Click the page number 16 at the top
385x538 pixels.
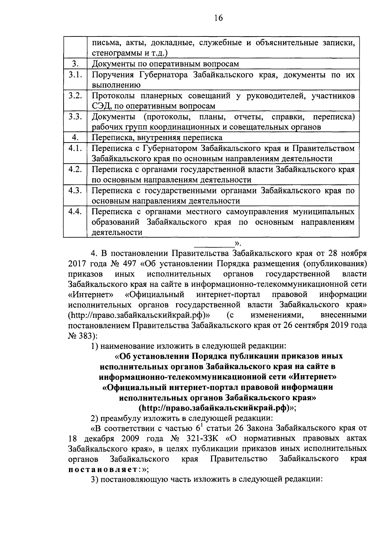[x=218, y=18]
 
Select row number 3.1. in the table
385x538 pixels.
[x=75, y=75]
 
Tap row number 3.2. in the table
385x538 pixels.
[x=75, y=95]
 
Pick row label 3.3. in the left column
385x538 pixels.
[x=75, y=117]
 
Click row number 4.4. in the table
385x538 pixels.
[x=75, y=212]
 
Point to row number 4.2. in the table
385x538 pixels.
[x=75, y=169]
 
